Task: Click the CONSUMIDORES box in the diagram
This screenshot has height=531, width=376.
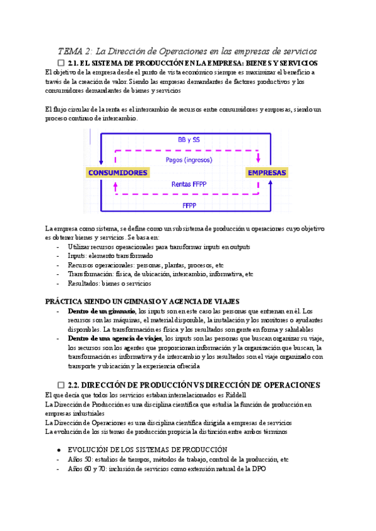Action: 118,173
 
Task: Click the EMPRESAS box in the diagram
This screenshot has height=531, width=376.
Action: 267,173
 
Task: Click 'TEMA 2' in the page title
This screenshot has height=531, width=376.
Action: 75,51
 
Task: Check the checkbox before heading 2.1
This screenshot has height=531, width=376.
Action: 61,64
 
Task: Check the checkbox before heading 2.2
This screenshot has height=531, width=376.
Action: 61,384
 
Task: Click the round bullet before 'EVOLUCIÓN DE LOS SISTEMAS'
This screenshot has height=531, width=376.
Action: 58,450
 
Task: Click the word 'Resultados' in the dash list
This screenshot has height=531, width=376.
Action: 86,283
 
